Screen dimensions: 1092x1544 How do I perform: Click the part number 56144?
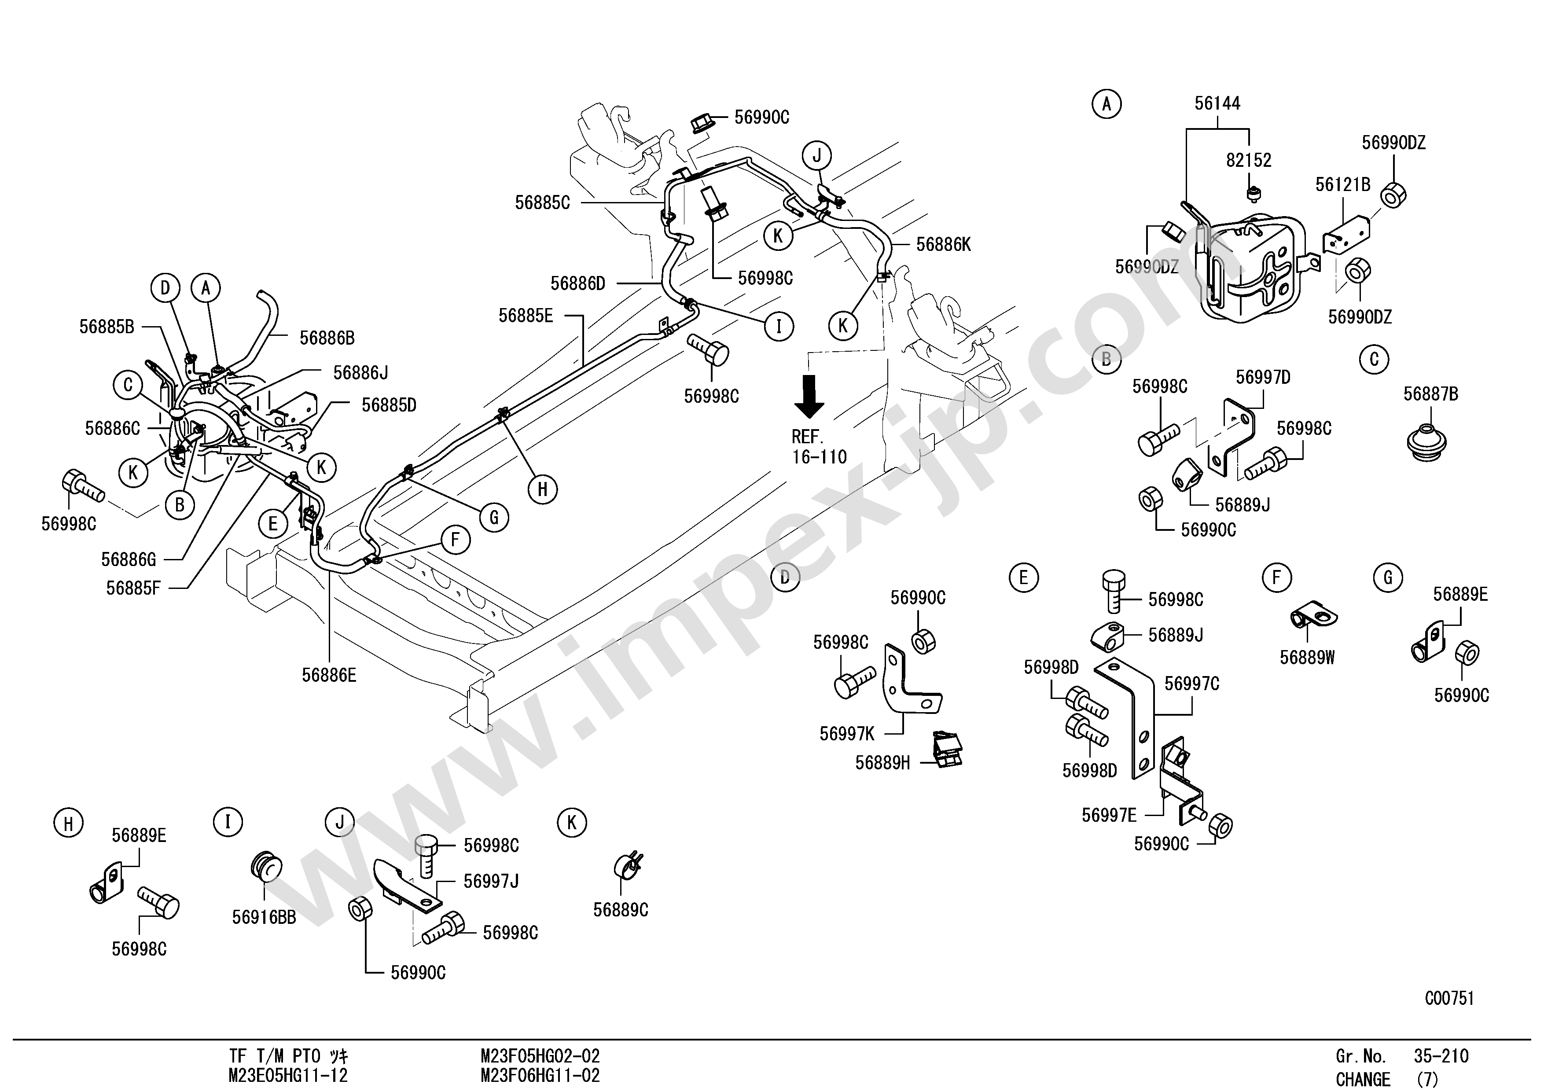click(x=1217, y=103)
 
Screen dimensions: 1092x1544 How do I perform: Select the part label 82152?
click(x=1249, y=160)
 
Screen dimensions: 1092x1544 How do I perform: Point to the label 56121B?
click(x=1342, y=184)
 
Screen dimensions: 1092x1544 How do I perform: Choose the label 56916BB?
click(x=264, y=917)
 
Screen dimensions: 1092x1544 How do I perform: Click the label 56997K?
click(x=847, y=734)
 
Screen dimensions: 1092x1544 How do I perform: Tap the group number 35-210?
click(x=1441, y=1056)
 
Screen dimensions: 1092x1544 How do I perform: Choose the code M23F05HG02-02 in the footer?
click(x=540, y=1056)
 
